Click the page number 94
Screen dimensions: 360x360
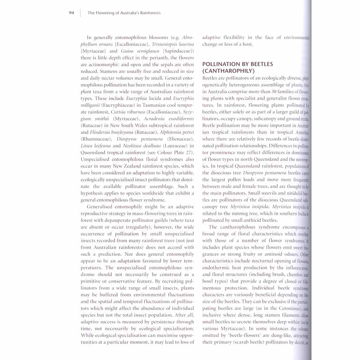[71, 13]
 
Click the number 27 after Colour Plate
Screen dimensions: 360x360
[189, 153]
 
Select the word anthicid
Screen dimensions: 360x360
[250, 220]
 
